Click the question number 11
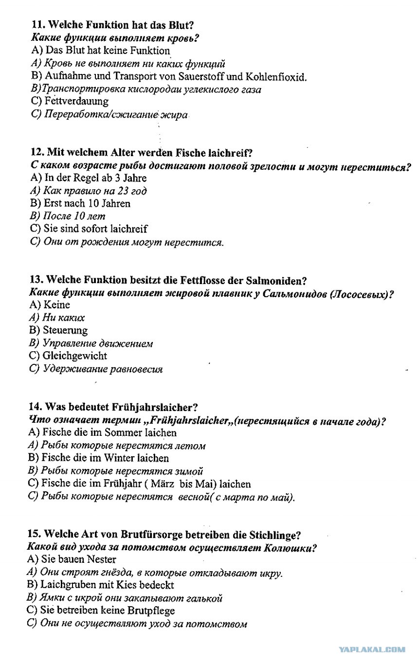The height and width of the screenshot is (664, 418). (x=38, y=25)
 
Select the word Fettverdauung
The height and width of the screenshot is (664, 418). (x=76, y=102)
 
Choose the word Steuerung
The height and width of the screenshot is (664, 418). (x=65, y=331)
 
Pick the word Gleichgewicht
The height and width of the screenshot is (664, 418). (x=75, y=356)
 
